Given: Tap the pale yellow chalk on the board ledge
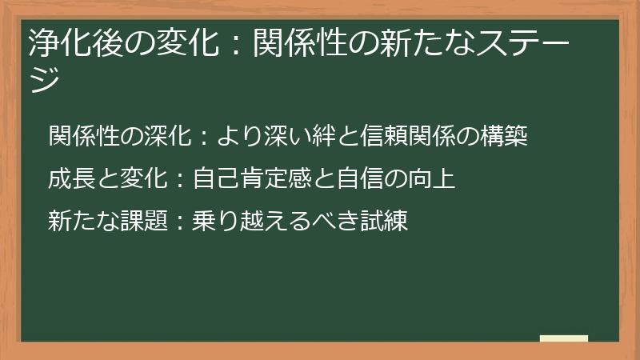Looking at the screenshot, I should point(564,338).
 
